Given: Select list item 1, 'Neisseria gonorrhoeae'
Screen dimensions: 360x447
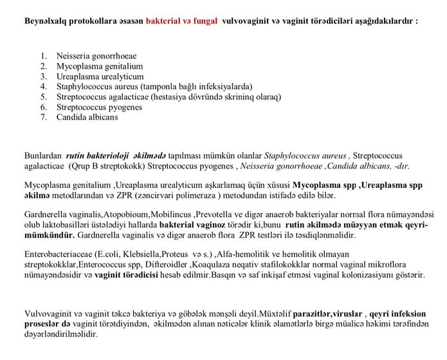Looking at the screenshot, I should tap(97, 56).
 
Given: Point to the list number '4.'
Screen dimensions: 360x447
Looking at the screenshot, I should tap(44, 87).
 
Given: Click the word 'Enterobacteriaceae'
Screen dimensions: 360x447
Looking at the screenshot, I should tap(58, 255).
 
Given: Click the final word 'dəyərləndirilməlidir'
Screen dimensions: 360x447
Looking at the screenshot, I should tap(60, 335).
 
